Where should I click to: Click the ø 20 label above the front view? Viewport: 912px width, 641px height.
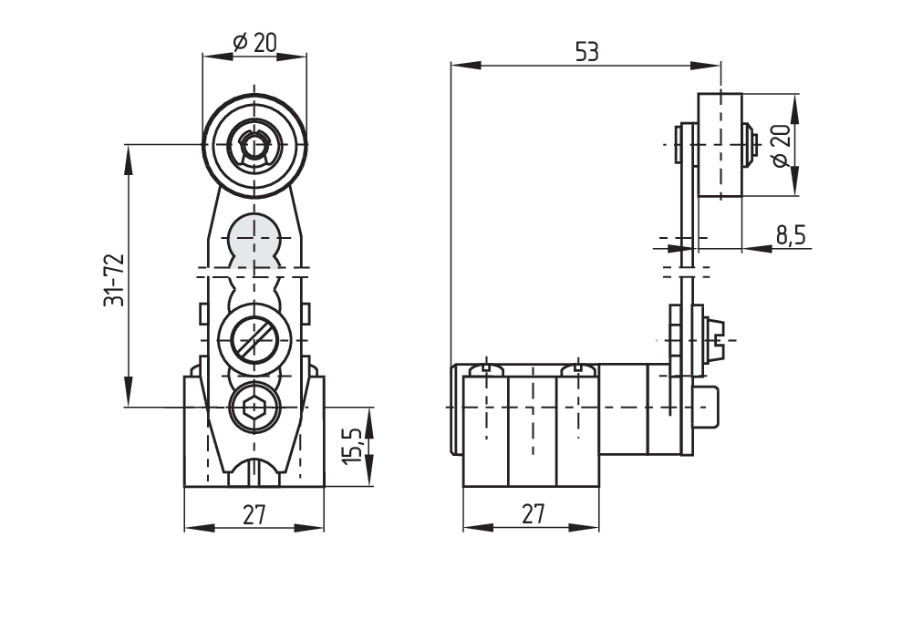(254, 41)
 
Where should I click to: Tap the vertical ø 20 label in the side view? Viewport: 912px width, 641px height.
(780, 145)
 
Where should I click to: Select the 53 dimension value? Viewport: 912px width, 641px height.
(586, 52)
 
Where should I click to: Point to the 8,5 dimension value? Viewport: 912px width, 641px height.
(790, 235)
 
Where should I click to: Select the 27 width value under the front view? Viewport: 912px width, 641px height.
(254, 515)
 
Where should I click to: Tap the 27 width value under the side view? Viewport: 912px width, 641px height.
(532, 515)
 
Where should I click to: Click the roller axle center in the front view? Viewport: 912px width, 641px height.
(254, 144)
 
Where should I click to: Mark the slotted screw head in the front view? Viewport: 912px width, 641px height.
(254, 341)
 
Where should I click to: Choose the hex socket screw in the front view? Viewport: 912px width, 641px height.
(254, 410)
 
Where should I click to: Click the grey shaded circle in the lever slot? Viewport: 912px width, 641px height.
(254, 239)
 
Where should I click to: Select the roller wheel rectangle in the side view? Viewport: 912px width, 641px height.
(720, 146)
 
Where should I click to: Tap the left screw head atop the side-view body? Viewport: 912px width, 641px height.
(487, 368)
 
